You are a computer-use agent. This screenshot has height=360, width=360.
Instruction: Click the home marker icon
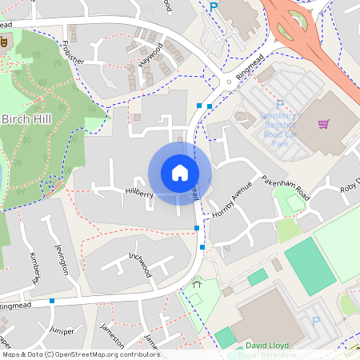pos(180,173)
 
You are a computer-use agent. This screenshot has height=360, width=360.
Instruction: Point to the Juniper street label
pos(62,330)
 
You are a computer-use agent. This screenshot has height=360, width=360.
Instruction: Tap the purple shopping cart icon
pos(323,124)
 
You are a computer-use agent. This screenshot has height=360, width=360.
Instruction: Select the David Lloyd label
pos(267,346)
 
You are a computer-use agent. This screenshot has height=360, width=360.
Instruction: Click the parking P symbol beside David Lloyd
pos(315,321)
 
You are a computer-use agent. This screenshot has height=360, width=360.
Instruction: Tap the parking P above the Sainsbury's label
pos(279,105)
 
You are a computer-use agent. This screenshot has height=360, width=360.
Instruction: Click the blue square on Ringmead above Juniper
pos(52,301)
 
